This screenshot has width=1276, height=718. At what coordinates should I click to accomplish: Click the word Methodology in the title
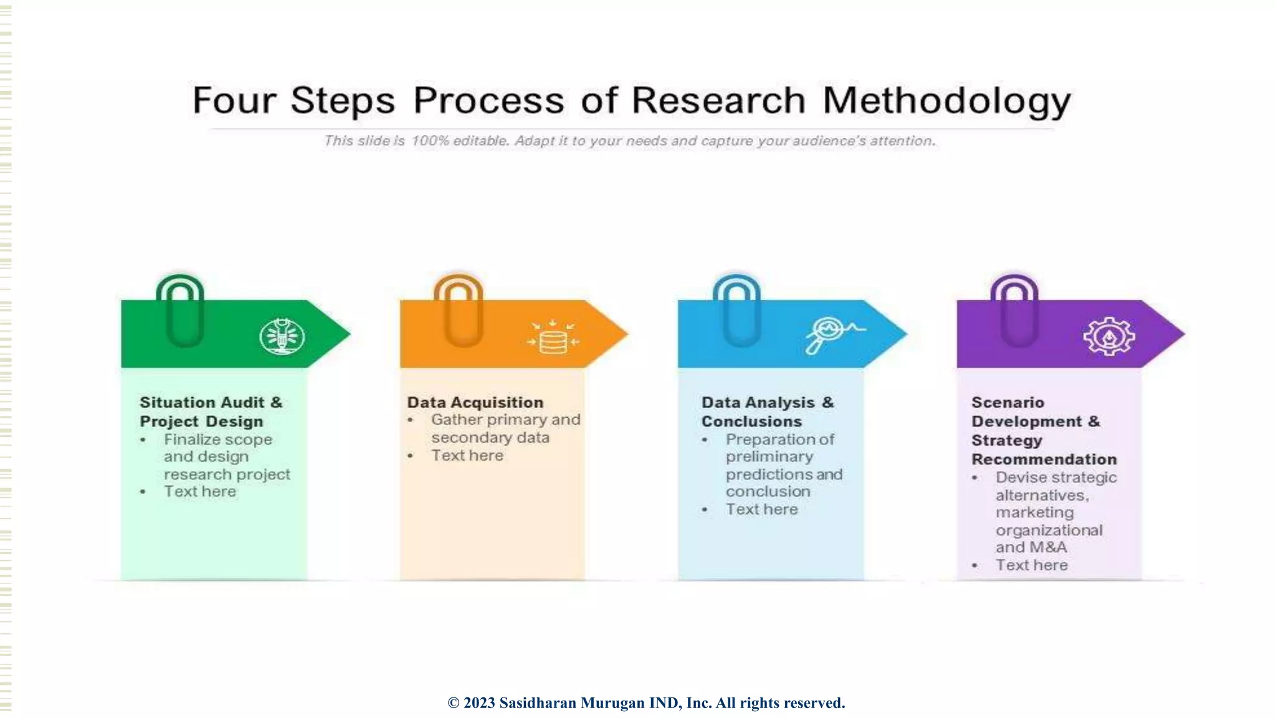(946, 101)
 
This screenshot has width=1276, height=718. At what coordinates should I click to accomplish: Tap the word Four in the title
(234, 101)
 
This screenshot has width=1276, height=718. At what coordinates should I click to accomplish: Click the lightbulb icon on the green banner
(282, 337)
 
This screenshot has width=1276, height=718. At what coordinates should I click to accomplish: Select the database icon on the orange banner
(553, 337)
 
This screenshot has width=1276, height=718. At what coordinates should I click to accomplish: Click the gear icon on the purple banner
(1108, 337)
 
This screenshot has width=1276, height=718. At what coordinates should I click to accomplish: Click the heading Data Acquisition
(475, 403)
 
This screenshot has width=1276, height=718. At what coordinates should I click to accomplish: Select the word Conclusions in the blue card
(751, 422)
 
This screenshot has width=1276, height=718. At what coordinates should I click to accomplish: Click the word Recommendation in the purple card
(1044, 459)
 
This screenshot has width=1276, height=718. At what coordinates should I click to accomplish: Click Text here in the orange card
(467, 456)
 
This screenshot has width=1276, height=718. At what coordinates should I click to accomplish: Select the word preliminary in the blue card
(769, 457)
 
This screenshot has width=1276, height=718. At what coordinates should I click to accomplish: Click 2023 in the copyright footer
(479, 703)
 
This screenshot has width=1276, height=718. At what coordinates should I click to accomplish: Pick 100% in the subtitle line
(430, 141)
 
